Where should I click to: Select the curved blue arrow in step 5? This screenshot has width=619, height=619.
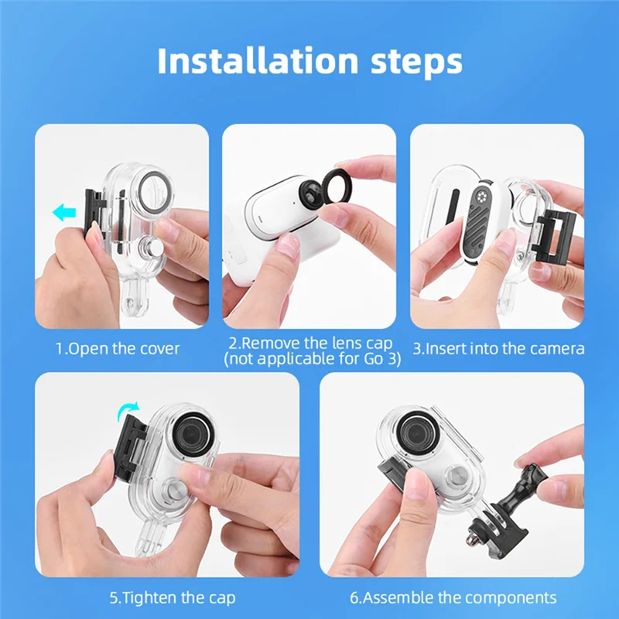128,409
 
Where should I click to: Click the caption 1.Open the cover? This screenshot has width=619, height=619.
117,348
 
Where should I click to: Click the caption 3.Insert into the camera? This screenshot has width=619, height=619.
498,348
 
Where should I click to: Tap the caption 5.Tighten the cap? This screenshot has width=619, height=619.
173,597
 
